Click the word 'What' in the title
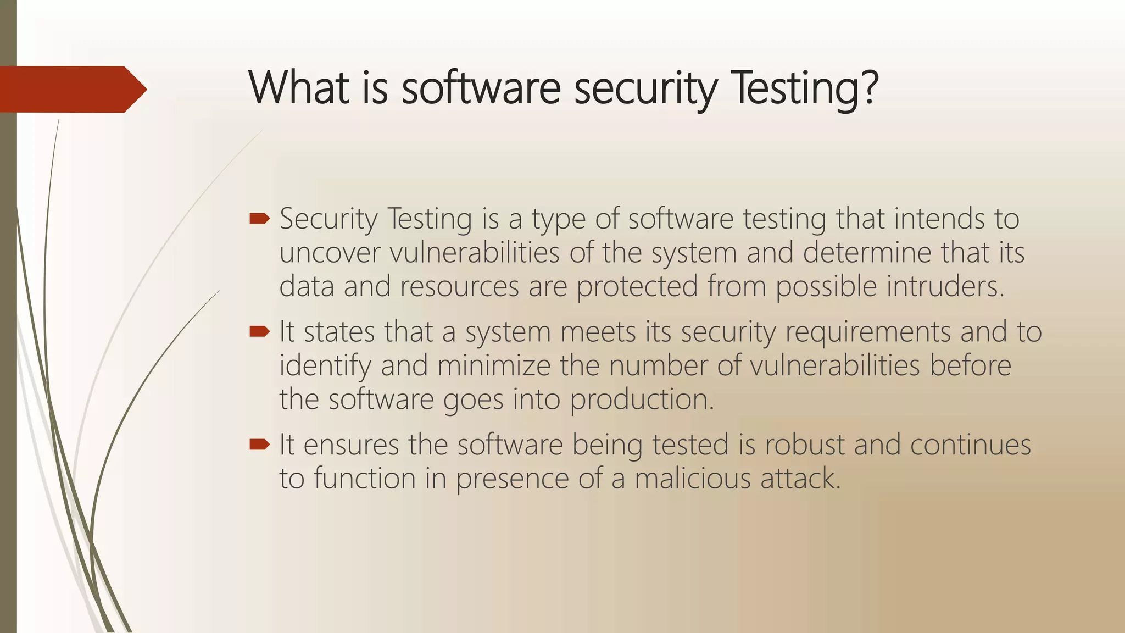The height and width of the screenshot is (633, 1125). click(299, 88)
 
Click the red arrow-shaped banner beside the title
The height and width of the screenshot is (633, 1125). click(71, 89)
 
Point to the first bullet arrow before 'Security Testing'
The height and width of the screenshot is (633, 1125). click(259, 219)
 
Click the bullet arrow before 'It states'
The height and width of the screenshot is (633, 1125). click(259, 331)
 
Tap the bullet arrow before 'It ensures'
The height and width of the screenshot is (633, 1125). click(259, 444)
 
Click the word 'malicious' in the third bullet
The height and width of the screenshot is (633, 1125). click(692, 479)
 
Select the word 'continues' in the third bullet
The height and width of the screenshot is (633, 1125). click(970, 445)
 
